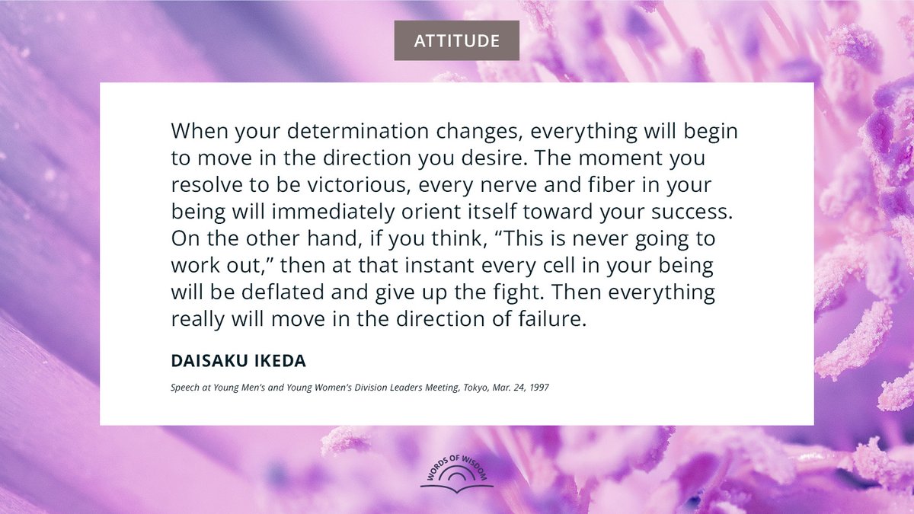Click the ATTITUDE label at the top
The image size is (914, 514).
click(x=456, y=40)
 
